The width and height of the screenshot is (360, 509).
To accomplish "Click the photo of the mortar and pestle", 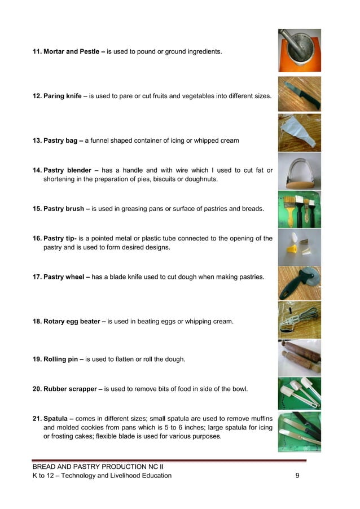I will click(x=299, y=51).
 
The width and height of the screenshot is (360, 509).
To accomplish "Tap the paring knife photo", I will click(x=299, y=94).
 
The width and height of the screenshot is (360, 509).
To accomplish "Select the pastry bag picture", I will click(x=299, y=133).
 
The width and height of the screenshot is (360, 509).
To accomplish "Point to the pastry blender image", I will click(x=299, y=171).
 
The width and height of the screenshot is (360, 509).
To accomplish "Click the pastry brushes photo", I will click(x=299, y=209).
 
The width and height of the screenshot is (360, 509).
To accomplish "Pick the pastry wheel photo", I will click(x=299, y=283).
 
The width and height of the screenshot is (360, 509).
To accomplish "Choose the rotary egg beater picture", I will click(x=299, y=320).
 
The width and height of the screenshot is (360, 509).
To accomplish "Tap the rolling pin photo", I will click(x=299, y=358).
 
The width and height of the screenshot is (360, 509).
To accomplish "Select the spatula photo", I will click(x=299, y=432).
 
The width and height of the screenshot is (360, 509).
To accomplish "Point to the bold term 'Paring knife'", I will click(x=62, y=96).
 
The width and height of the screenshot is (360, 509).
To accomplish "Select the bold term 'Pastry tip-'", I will click(x=62, y=238).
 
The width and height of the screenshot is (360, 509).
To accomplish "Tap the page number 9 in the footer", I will click(x=297, y=476).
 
